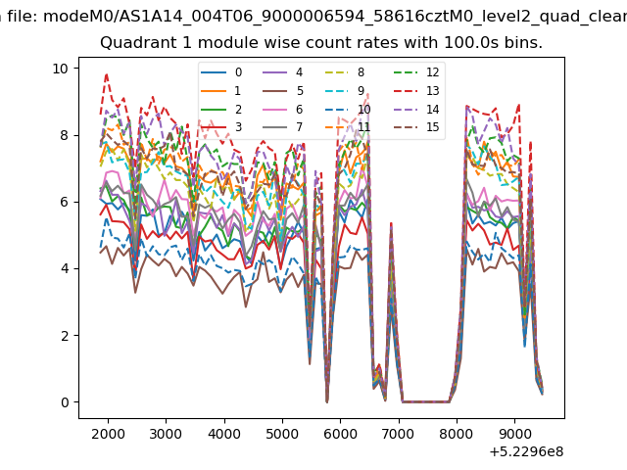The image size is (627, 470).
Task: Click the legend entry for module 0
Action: coord(221,72)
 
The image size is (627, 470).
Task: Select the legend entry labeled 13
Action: coord(416,91)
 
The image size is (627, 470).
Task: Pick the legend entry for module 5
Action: coord(283,91)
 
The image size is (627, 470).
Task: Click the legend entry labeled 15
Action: coord(416,127)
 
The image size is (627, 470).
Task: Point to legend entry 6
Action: coord(283,109)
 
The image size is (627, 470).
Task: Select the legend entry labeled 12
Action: coord(416,72)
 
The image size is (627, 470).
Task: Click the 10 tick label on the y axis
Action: coord(61,69)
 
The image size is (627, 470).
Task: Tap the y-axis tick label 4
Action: coord(65,268)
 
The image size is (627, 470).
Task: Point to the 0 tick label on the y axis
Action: coord(65,402)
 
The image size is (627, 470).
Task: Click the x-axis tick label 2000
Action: coord(108,434)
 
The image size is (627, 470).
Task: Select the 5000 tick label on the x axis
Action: coord(282,434)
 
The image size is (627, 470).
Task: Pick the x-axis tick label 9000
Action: coord(514,434)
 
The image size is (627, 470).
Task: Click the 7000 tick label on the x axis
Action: coord(399,434)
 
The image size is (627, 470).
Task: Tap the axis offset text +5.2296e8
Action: coord(526,451)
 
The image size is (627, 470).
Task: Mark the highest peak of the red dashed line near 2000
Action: coord(107,74)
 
